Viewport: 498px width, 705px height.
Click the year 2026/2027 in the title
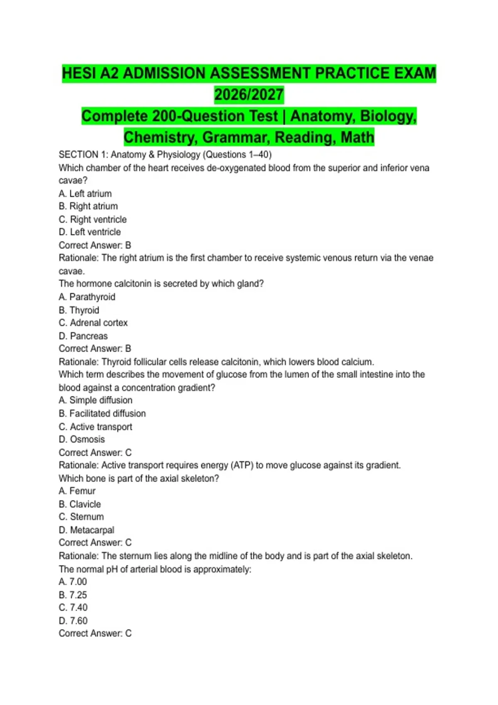(249, 95)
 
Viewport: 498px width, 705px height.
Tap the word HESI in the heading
(80, 73)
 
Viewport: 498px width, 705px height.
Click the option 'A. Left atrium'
(85, 194)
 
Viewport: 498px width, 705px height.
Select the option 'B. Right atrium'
(88, 206)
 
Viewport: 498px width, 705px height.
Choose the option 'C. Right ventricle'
(93, 219)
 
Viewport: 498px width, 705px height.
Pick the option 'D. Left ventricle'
(90, 232)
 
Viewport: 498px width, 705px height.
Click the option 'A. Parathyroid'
(87, 297)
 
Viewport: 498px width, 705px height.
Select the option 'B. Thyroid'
(79, 310)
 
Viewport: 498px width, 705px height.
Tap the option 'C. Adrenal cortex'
(93, 323)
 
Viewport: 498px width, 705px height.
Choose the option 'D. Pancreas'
(83, 336)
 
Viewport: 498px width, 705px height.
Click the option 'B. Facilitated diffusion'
(102, 413)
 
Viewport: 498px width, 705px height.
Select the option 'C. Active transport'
(95, 427)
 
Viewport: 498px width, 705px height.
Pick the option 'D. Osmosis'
(82, 439)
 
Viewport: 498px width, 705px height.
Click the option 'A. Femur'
(77, 491)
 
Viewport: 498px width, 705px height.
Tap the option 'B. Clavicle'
(80, 504)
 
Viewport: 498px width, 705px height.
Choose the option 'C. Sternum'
(81, 517)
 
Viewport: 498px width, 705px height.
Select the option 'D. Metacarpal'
(86, 530)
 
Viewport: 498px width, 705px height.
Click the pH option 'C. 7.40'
(73, 608)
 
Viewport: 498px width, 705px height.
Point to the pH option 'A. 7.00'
(73, 582)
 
